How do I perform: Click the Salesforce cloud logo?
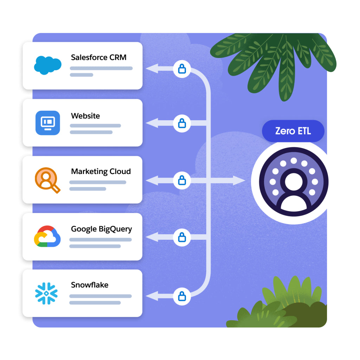tap(47, 65)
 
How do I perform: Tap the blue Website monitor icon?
tap(47, 122)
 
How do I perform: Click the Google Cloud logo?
tap(47, 236)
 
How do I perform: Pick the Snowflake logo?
tap(46, 293)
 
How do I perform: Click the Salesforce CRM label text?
tap(98, 57)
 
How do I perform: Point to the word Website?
tap(85, 116)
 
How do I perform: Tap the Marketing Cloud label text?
tap(101, 172)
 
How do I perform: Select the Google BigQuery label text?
tap(101, 229)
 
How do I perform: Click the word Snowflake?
tap(90, 285)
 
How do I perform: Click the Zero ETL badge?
tap(293, 131)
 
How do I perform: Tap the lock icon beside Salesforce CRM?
tap(182, 69)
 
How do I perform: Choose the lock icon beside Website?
tap(182, 123)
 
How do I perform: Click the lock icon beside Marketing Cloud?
tap(182, 181)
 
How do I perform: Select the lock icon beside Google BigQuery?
tap(182, 237)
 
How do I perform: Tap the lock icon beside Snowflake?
tap(182, 296)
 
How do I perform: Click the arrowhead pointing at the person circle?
tap(240, 181)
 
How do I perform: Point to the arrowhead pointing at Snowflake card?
tap(151, 296)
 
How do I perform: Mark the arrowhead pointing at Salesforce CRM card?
tap(151, 69)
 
